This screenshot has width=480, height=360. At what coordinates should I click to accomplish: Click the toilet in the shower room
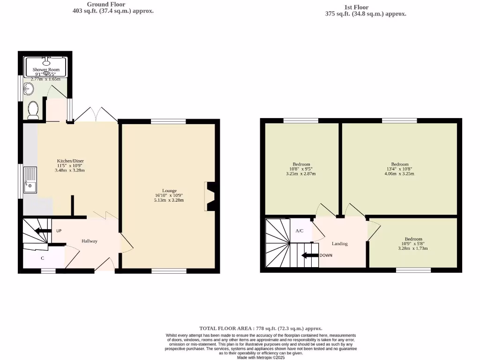tap(33, 110)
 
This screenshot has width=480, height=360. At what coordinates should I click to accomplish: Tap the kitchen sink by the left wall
tap(30, 180)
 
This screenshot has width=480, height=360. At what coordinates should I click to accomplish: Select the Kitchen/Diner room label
tap(70, 161)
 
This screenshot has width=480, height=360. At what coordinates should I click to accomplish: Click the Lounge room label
tap(169, 191)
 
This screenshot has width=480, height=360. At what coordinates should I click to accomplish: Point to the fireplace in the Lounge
tap(209, 196)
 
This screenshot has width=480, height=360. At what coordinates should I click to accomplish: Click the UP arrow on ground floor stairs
tap(43, 231)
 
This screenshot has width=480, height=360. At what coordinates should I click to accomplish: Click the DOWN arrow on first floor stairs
tap(309, 255)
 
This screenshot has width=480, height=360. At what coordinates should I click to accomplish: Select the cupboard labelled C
tap(43, 258)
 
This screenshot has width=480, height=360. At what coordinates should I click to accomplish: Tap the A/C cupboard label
tap(300, 231)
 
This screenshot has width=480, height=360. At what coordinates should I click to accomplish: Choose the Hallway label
tap(90, 241)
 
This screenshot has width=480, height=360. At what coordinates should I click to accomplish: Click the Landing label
tap(339, 244)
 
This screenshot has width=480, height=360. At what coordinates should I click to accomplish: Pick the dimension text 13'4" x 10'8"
tap(400, 169)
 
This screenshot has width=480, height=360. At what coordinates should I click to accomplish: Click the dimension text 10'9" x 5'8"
tap(413, 244)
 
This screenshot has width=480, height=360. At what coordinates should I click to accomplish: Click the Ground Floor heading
tap(106, 4)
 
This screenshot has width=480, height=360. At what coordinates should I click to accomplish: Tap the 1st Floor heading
tap(356, 7)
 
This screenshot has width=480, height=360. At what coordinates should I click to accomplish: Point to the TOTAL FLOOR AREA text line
tap(261, 329)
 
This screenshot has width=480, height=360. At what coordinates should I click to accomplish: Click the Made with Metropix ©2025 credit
tap(261, 357)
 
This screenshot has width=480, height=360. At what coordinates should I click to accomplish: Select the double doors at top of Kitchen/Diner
tap(96, 115)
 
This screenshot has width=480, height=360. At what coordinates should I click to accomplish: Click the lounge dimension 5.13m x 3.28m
tap(169, 200)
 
